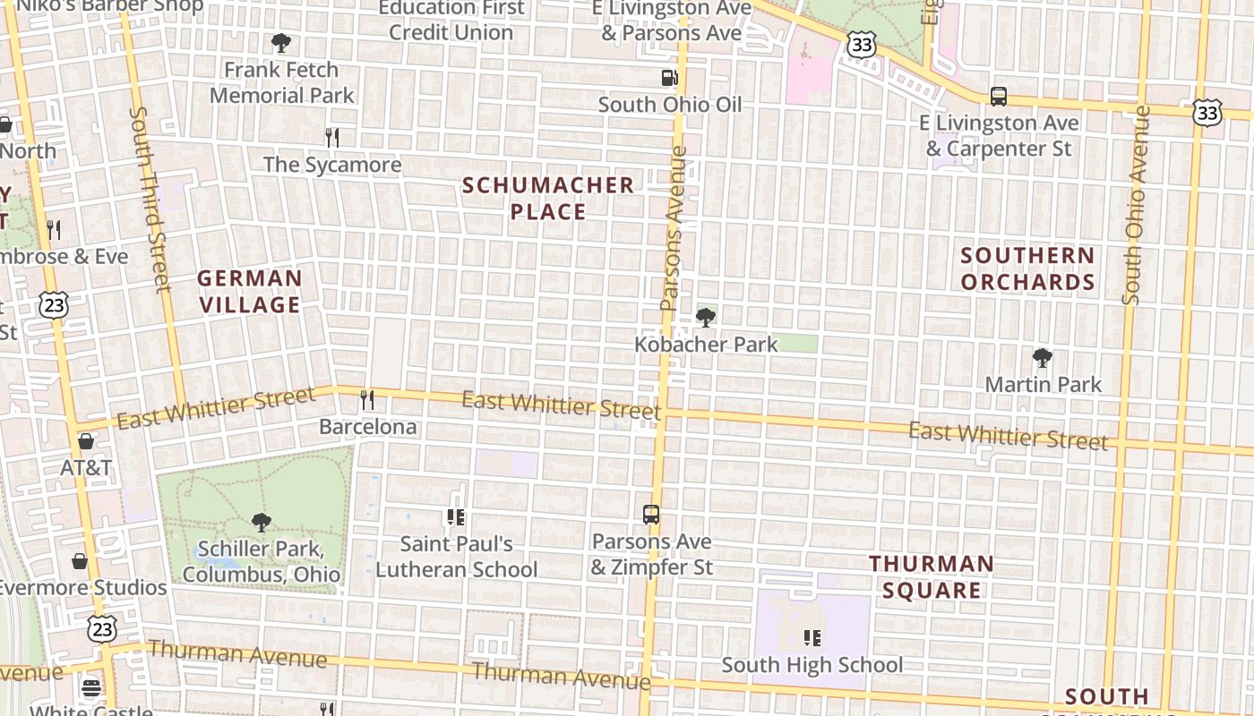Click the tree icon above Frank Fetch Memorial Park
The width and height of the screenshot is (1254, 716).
point(281,42)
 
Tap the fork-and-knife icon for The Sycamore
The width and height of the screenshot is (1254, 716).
point(332,137)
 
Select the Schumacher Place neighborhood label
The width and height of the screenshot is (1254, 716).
point(548,198)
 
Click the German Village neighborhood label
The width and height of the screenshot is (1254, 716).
point(250,291)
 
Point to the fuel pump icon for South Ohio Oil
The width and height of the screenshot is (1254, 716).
point(669,78)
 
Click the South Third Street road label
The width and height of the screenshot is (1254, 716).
point(150,199)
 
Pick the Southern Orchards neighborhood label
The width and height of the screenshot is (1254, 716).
point(1027,268)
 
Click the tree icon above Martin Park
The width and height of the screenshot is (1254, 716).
point(1042,358)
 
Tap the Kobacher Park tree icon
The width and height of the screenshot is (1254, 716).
point(706,317)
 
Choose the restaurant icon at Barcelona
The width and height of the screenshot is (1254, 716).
point(366,399)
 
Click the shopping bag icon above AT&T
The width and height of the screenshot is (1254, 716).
point(86,440)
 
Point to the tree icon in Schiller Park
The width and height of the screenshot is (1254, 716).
point(261,522)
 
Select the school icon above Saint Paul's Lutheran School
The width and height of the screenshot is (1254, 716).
point(455,516)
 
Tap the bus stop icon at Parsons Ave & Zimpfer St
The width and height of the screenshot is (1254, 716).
point(651,515)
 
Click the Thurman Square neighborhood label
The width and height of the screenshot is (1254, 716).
point(932,576)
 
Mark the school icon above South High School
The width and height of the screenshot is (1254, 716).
point(812,637)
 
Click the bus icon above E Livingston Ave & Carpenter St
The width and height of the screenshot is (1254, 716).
point(998,96)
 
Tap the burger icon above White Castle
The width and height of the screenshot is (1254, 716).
point(91,688)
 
